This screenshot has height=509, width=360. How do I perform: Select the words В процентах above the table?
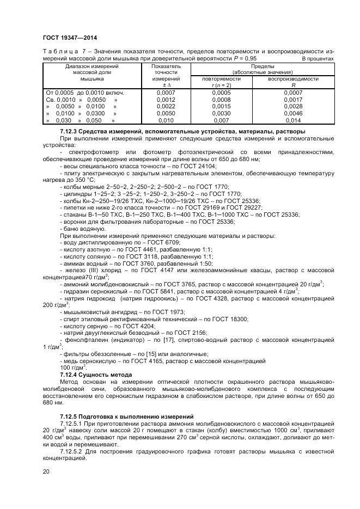pos(318,58)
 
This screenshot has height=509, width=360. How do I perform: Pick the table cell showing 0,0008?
pos(221,100)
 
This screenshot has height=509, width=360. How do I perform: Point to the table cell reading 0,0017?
pos(293,100)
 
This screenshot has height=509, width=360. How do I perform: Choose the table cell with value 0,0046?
pos(293,113)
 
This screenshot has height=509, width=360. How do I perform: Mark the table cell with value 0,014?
pos(293,120)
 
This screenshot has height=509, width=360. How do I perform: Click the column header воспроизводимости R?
pos(293,82)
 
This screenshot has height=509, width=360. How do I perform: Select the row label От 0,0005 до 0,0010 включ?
pos(85,93)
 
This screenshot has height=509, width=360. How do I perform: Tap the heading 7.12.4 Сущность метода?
pos(96,375)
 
